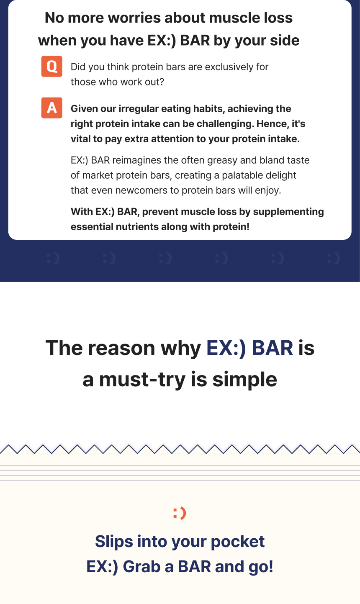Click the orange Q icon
pos(52,66)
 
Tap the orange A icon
pos(52,108)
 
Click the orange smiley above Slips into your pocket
pos(180,513)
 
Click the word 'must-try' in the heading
pos(142,380)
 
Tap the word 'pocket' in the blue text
pos(238,542)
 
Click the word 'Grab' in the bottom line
pos(141,566)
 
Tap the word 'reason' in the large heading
pos(122,348)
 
